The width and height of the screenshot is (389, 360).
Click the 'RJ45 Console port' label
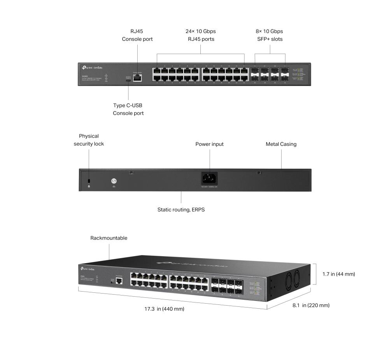click(x=137, y=35)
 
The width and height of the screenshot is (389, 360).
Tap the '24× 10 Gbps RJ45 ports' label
click(x=201, y=35)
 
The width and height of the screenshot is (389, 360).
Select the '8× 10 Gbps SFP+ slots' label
click(x=270, y=35)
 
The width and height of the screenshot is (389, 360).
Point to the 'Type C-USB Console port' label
click(x=128, y=109)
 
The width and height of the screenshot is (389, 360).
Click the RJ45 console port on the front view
click(x=137, y=77)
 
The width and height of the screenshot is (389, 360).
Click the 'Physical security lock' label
click(x=89, y=140)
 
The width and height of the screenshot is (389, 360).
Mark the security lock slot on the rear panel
click(x=89, y=182)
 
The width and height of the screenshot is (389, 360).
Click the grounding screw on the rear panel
click(x=114, y=181)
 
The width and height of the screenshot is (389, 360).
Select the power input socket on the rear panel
click(x=209, y=179)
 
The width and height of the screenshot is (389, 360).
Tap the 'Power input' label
click(x=209, y=144)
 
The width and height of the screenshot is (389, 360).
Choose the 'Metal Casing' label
click(x=281, y=144)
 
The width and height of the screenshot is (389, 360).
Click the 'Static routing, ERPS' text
click(x=181, y=210)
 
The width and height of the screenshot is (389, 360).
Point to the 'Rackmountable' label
click(x=109, y=238)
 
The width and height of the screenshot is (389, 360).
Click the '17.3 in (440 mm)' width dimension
click(x=164, y=309)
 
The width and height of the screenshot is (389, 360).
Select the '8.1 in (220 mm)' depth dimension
click(x=311, y=306)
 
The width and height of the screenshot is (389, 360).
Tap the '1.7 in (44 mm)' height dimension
click(x=339, y=274)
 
